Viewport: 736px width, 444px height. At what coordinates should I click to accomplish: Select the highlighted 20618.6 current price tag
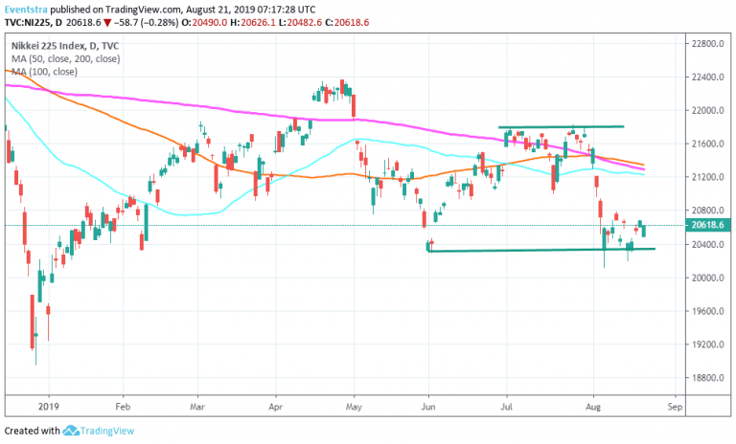[708, 225]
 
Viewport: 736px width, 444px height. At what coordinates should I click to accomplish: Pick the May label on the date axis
[355, 406]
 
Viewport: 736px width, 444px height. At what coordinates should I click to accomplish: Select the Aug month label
[594, 406]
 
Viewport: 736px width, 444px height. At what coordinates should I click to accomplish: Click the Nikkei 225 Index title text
[51, 45]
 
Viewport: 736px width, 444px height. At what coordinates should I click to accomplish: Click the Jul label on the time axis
[506, 406]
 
